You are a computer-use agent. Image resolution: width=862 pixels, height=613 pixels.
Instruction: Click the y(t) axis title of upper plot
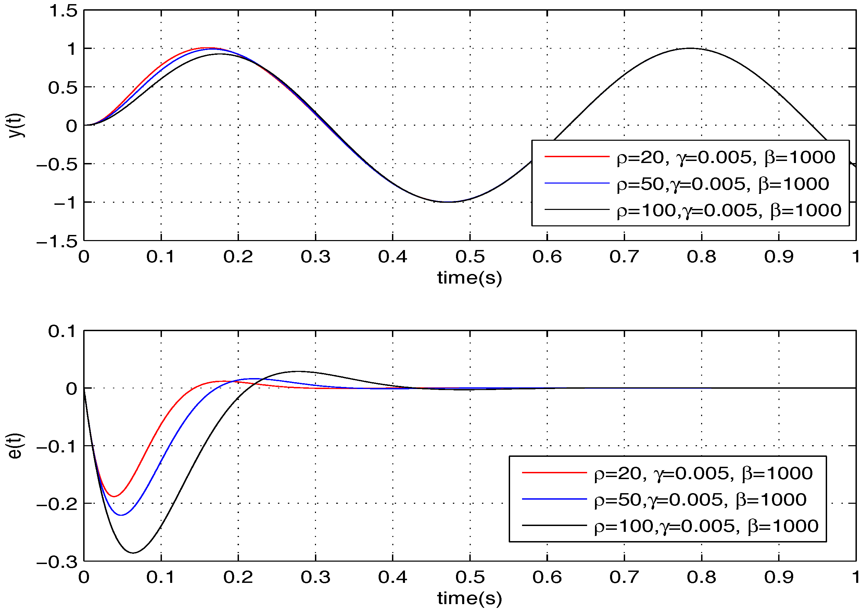[16, 125]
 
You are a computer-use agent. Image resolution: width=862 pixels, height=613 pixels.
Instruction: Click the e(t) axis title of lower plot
[16, 446]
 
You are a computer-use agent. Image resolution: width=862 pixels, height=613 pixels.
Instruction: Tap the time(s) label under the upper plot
[469, 278]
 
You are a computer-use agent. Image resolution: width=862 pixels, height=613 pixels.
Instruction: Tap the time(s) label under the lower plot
[469, 598]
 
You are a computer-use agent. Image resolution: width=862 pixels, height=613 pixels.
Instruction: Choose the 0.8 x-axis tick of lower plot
[701, 577]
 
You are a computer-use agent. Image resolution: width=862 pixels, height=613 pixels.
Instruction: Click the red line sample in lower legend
[554, 473]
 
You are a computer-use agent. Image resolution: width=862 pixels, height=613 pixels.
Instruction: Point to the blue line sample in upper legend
[577, 183]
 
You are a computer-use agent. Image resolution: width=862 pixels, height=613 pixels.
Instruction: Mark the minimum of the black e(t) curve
[134, 553]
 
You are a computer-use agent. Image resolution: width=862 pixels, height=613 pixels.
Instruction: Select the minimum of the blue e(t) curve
[121, 515]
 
